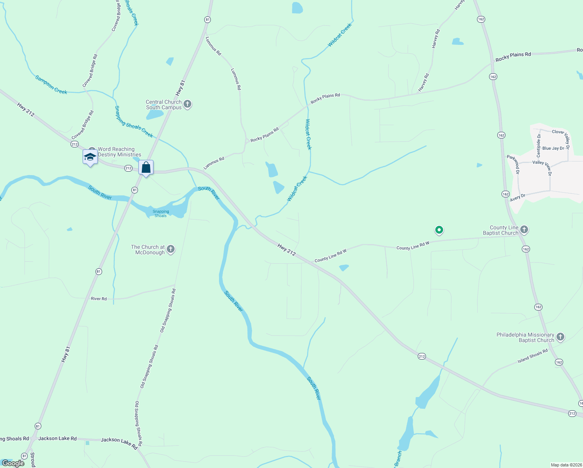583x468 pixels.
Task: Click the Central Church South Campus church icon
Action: (x=187, y=104)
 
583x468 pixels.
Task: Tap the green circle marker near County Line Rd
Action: (x=439, y=230)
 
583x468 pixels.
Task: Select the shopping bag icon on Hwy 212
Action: (x=146, y=168)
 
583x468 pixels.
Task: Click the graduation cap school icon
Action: (x=90, y=157)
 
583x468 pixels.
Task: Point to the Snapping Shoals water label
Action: (x=161, y=214)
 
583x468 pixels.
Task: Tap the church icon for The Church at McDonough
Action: (x=171, y=249)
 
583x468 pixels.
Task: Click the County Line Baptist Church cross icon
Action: (x=524, y=230)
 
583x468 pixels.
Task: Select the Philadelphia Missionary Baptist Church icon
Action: (x=560, y=337)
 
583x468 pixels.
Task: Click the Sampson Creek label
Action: (x=51, y=85)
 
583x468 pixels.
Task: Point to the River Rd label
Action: (x=99, y=299)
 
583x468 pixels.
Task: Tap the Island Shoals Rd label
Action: (x=532, y=356)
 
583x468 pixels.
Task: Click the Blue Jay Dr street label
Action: (x=553, y=148)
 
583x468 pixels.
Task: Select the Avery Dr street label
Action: (x=518, y=198)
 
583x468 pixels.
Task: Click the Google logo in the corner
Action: (x=13, y=463)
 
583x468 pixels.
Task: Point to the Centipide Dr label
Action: (x=539, y=145)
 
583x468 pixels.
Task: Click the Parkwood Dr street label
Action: (x=513, y=164)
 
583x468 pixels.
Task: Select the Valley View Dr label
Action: (x=542, y=165)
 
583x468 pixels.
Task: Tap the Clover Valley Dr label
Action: (x=561, y=135)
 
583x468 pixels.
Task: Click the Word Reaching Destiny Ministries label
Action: (x=119, y=152)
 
